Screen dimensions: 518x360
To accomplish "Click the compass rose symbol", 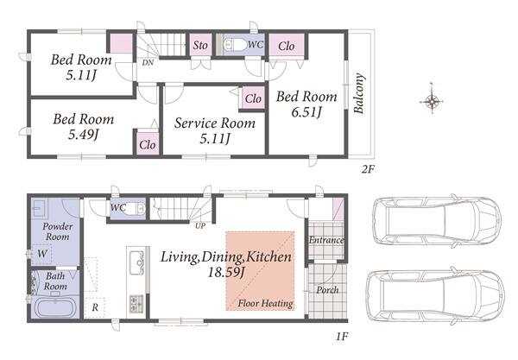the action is point(432,100).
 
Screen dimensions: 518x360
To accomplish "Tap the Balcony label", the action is point(359,93).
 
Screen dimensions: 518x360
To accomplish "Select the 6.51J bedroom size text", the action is point(306,112).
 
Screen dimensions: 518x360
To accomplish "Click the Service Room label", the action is point(215,123).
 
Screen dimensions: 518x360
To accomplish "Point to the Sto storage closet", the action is point(200,45).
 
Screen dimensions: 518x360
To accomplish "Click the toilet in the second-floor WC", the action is point(234,45).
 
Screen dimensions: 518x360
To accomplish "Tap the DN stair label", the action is point(148,62).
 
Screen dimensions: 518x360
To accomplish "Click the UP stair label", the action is point(200,226).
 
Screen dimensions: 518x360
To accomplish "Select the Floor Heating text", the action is point(266,303).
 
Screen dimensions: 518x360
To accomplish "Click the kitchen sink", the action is point(137,263).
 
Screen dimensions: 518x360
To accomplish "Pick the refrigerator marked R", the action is point(95,308).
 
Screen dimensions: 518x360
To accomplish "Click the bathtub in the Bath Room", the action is point(55,307).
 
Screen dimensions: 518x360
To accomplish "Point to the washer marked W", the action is point(42,254).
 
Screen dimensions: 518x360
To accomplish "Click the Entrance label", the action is point(326,240).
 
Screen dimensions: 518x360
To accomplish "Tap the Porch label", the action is point(327,290).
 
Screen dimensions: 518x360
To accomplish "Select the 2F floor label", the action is point(369,170).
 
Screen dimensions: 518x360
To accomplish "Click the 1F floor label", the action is point(342,337).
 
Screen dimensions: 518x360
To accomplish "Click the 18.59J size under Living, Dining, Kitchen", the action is point(226,272).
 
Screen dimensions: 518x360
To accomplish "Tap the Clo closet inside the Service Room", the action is point(253,98).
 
